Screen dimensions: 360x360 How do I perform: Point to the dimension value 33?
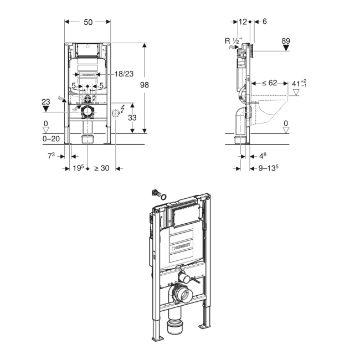132,117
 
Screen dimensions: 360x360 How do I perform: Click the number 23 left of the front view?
45,101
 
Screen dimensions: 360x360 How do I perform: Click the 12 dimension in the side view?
242,22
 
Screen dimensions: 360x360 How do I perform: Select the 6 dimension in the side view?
264,22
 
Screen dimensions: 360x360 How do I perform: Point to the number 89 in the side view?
286,40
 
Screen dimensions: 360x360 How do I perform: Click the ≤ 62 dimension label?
268,84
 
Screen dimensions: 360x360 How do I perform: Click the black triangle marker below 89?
286,49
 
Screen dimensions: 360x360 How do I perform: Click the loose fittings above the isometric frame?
158,194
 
